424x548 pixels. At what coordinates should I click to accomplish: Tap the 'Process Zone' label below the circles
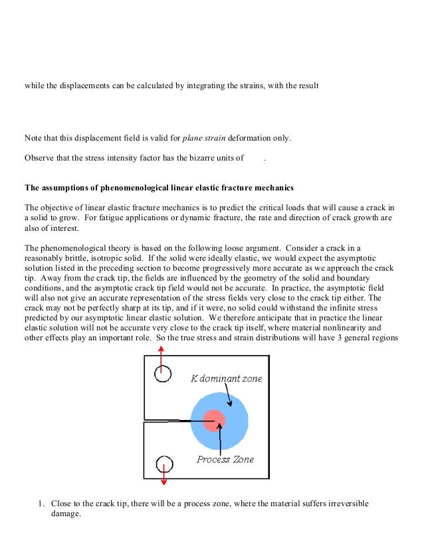click(225, 459)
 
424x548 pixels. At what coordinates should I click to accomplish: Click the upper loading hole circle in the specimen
click(163, 374)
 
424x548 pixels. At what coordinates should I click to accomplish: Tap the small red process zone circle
click(214, 421)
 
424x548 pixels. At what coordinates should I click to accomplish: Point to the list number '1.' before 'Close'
click(41, 504)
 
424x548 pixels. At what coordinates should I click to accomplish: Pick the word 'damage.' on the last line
click(66, 514)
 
